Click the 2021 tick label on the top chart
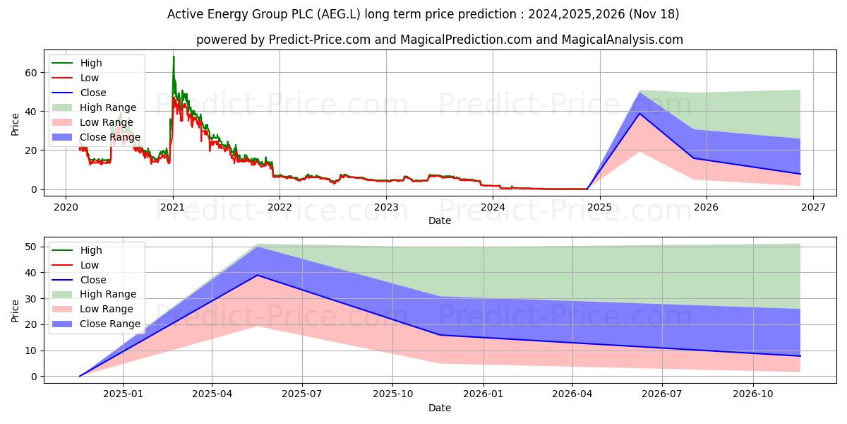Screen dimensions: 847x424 [x=172, y=207]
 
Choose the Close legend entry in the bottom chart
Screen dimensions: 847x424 [x=93, y=280]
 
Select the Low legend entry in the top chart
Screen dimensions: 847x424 [x=90, y=78]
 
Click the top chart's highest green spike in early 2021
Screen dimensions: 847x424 [x=174, y=57]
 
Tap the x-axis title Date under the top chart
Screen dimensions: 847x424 [x=439, y=220]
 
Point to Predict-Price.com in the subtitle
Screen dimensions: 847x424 [x=320, y=40]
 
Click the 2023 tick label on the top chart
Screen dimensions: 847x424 [x=386, y=207]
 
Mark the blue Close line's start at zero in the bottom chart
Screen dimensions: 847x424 [x=80, y=376]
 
